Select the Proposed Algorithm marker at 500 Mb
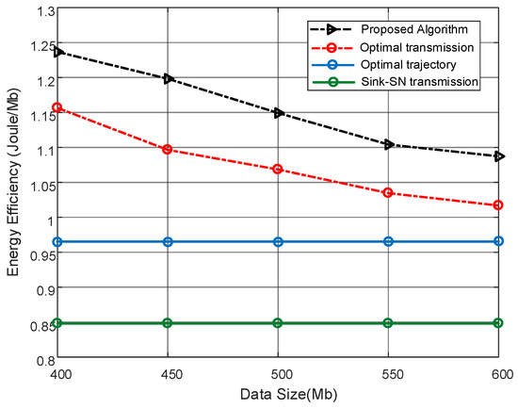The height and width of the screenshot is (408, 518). pos(279,113)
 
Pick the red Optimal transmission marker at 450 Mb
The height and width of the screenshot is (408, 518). pos(168,149)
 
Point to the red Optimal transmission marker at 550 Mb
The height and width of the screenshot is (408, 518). pos(389,192)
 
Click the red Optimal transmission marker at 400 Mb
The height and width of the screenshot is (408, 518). pos(57,107)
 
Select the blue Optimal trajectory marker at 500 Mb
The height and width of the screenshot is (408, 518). pos(279,241)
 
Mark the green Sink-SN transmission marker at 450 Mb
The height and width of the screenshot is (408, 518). pos(168,322)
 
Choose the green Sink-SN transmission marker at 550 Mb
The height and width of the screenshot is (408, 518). pos(389,322)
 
